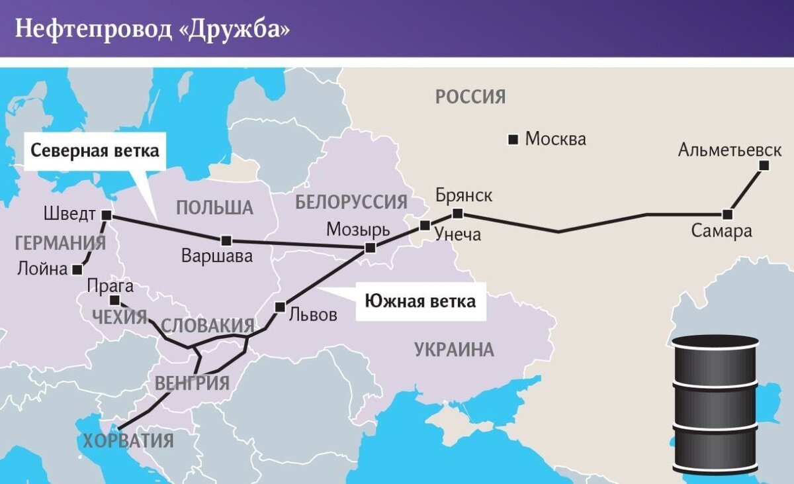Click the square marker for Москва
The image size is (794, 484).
[513, 139]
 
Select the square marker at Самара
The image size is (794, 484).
[728, 215]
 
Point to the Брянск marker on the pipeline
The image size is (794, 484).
[457, 213]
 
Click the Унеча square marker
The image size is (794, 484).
[425, 226]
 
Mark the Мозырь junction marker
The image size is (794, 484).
[370, 248]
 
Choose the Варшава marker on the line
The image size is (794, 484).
[226, 240]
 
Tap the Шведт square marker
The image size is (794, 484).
[107, 215]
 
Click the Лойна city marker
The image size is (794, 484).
[78, 269]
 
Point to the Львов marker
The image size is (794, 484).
[280, 307]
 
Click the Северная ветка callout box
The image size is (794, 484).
[95, 150]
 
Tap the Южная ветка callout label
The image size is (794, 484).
[421, 302]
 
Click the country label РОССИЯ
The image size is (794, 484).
[470, 97]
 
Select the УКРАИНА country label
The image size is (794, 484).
[454, 350]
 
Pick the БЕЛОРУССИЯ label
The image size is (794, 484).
[351, 202]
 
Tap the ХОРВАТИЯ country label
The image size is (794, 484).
[128, 440]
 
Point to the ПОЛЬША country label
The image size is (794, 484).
[214, 207]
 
